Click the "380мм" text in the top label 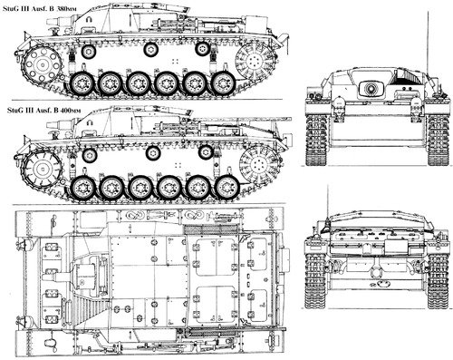tap(66, 8)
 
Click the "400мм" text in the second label tap(71, 111)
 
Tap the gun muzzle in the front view tap(371, 88)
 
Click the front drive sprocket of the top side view tap(43, 64)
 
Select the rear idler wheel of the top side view tap(255, 62)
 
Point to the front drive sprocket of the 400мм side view tap(43, 168)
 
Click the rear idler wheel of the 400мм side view tap(259, 165)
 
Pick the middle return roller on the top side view tap(150, 50)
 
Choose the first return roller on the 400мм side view tap(90, 155)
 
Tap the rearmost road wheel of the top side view tap(223, 83)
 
